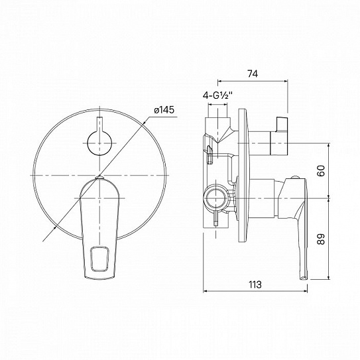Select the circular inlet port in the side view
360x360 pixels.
pyautogui.click(x=214, y=197)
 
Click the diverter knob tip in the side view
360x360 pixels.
pyautogui.click(x=282, y=125)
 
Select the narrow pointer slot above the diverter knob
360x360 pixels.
pyautogui.click(x=99, y=124)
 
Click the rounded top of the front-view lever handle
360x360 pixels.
pyautogui.click(x=99, y=180)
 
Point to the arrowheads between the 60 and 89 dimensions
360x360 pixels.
pyautogui.click(x=330, y=197)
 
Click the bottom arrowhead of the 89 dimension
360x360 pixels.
pyautogui.click(x=330, y=278)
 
